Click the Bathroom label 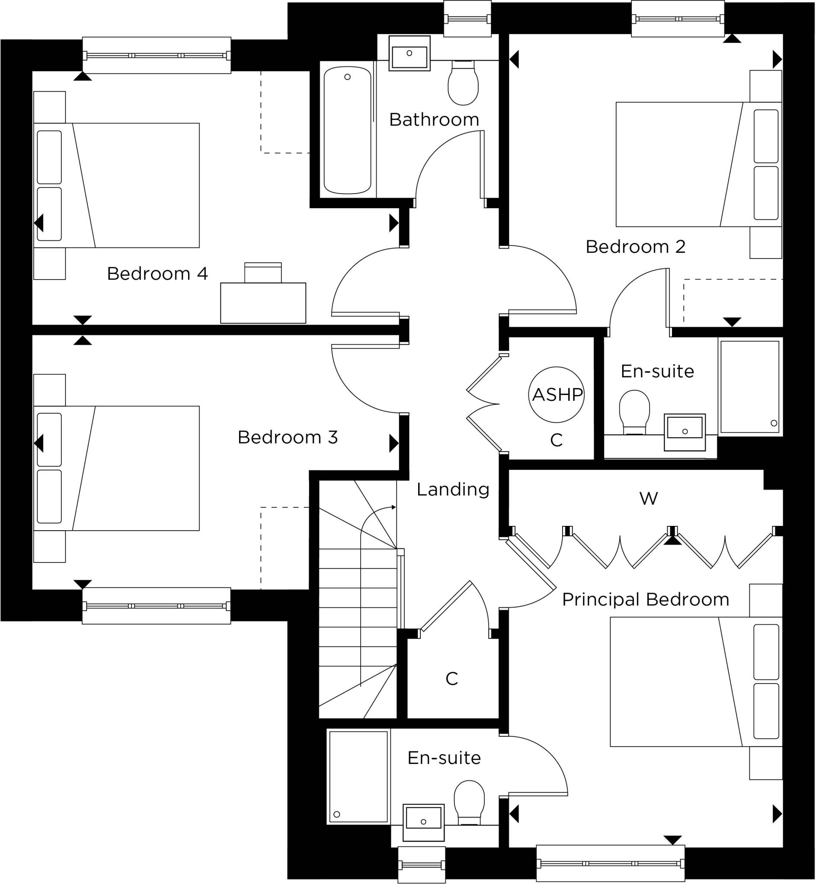[x=434, y=120]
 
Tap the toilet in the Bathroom [x=463, y=84]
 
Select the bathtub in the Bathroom [x=347, y=130]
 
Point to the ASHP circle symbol [x=557, y=395]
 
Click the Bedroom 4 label [x=157, y=274]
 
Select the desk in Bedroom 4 [x=263, y=302]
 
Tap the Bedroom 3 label [x=288, y=438]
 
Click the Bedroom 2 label [x=635, y=247]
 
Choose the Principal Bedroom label [x=646, y=599]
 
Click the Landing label [x=453, y=489]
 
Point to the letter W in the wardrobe [x=648, y=499]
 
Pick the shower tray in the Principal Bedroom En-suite [x=358, y=777]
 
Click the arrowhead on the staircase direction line [x=394, y=507]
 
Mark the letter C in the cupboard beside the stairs [x=452, y=679]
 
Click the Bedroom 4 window [x=156, y=56]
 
